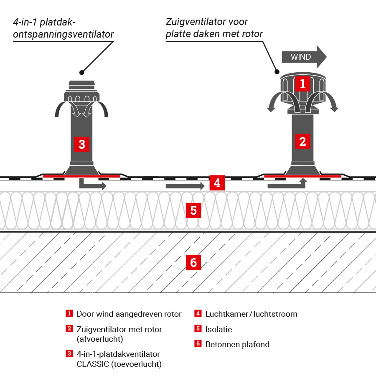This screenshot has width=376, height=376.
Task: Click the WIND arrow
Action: click(x=303, y=57)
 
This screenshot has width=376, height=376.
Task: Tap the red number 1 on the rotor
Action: click(x=302, y=84)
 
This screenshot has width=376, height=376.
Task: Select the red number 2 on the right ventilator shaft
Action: click(x=302, y=141)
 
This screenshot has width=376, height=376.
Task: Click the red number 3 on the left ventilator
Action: click(x=82, y=144)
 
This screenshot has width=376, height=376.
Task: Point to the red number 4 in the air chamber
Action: click(x=216, y=183)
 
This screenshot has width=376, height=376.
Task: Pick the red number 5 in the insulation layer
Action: click(x=193, y=210)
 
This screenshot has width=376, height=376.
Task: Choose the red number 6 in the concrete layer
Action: click(x=193, y=262)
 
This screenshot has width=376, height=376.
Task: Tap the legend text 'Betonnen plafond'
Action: click(x=237, y=345)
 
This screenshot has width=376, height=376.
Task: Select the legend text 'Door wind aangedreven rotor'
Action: click(x=129, y=314)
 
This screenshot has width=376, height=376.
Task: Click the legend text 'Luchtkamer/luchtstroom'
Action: click(x=251, y=314)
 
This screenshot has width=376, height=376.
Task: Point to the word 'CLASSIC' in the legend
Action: click(x=93, y=364)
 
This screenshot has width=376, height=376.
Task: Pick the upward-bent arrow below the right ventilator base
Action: click(x=288, y=185)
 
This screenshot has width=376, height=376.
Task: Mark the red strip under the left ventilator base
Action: click(x=81, y=176)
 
